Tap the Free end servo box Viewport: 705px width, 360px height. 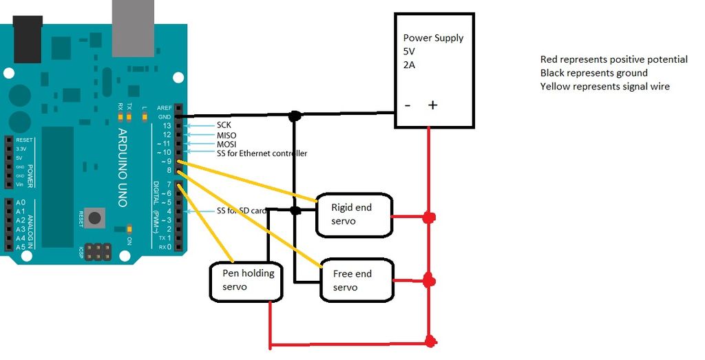click(x=357, y=280)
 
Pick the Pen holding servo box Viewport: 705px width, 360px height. click(x=247, y=280)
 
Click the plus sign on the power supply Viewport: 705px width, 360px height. click(x=432, y=105)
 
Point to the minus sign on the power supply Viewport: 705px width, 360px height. click(x=408, y=105)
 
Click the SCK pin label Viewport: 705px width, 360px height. click(x=224, y=125)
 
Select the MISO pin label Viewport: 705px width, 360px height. click(x=227, y=135)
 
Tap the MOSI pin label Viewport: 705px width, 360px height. click(x=227, y=145)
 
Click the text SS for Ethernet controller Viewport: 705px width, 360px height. click(x=262, y=153)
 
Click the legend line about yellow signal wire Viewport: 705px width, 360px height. click(x=604, y=87)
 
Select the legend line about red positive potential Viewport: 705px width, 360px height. click(x=613, y=60)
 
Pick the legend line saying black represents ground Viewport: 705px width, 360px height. click(x=593, y=73)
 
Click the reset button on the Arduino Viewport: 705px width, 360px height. click(x=95, y=219)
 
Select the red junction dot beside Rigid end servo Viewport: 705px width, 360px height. click(x=429, y=218)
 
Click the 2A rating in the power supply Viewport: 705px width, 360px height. click(x=410, y=65)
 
